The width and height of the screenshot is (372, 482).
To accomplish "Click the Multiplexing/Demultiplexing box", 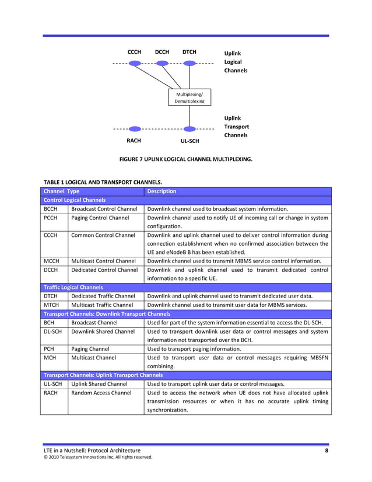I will tap(189, 97).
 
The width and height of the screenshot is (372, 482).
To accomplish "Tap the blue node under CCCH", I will tap(135, 63).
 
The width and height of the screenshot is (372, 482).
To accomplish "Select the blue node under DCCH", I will tap(162, 63).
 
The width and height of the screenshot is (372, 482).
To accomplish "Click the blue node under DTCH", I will tap(189, 63).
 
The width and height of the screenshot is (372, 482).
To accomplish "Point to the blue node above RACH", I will tap(135, 129).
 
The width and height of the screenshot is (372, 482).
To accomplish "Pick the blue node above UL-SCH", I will tap(189, 129).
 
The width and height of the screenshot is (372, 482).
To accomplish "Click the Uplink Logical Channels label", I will tap(236, 62).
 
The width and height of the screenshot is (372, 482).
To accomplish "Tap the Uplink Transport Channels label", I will tap(236, 127).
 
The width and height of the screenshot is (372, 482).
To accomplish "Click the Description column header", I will tap(162, 191).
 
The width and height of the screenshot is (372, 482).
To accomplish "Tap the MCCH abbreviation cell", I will tap(51, 261).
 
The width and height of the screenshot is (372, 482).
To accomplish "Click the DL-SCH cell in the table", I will tap(52, 331).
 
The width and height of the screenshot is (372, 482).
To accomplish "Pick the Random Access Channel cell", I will tap(101, 393).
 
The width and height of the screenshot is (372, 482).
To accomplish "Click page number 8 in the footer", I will tap(327, 450).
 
